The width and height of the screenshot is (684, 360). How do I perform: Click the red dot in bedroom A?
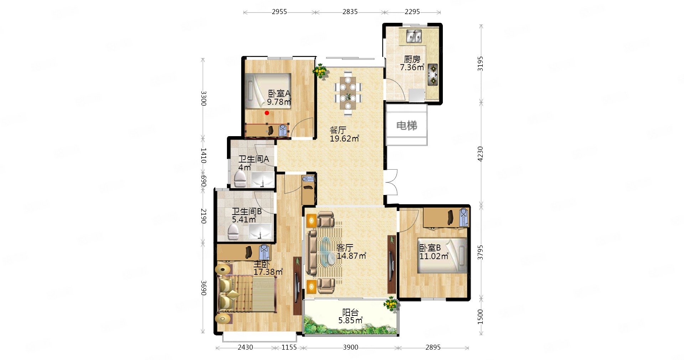coord(267,113)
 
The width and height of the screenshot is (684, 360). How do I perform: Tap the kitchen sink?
coord(414,36)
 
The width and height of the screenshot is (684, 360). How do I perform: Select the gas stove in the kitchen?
coord(432,74)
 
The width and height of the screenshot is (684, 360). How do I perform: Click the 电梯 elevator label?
coord(407,125)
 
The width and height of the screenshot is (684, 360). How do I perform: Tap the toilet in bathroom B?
coord(234,232)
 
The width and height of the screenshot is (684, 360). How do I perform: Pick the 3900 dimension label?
coord(351,348)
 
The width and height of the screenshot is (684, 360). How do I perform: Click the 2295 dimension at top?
coord(412,12)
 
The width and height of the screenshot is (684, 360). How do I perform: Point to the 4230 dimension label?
coord(481,154)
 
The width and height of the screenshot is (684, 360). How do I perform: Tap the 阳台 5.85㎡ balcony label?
coord(351,317)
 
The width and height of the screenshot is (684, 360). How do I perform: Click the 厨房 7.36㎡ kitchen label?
coord(412,63)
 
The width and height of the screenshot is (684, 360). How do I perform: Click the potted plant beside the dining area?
coord(320,71)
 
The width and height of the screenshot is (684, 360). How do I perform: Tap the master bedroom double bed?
coord(246,294)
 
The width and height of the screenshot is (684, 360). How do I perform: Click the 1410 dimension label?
coord(203,156)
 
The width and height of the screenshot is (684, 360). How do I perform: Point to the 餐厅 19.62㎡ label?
coord(344,134)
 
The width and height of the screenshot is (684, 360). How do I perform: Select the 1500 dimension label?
coord(481,317)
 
